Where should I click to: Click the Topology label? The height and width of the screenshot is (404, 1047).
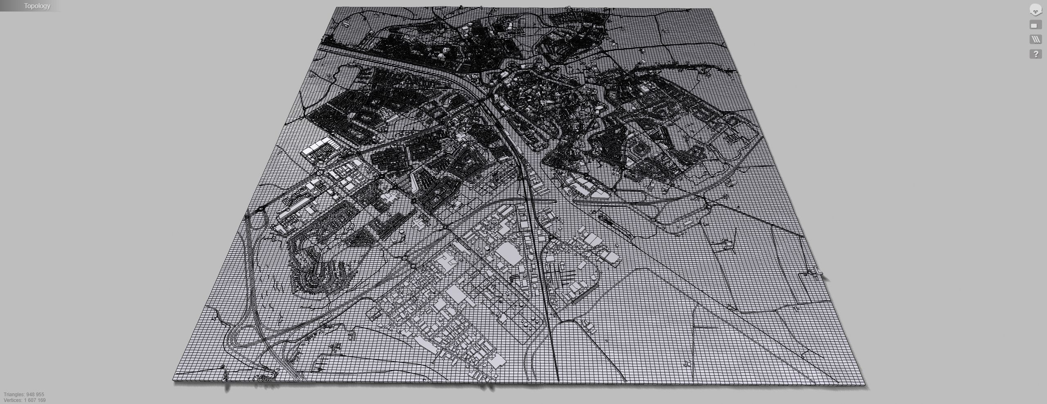37,6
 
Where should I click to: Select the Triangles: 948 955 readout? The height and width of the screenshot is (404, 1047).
24,395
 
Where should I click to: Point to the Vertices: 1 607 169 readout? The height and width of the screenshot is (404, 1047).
25,400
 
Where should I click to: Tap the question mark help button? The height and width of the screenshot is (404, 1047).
1036,54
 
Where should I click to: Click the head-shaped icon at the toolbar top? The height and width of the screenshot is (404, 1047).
1036,10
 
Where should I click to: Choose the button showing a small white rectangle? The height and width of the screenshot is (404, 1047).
1036,25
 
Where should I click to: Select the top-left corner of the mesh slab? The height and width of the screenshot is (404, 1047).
335,7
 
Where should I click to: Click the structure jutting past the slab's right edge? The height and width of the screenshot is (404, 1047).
817,272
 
